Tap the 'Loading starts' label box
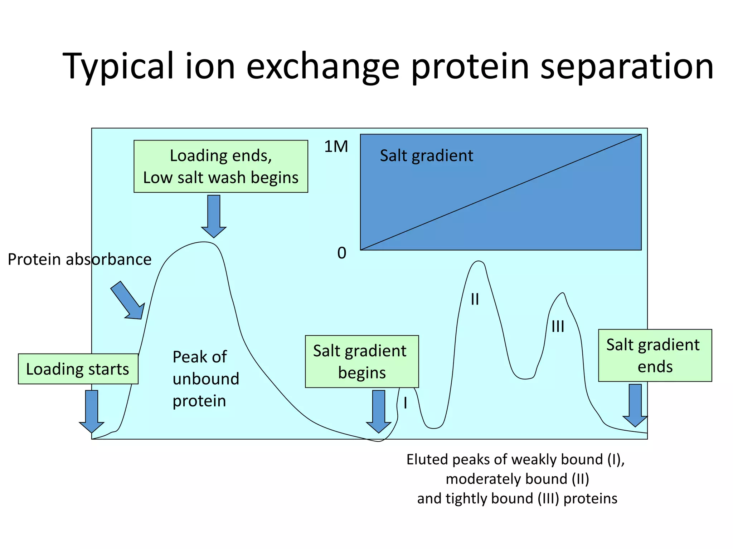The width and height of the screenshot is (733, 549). click(78, 369)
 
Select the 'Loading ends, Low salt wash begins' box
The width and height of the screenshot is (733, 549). click(220, 166)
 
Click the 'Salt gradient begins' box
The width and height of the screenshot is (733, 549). click(361, 361)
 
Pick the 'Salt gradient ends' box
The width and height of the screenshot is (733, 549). click(655, 355)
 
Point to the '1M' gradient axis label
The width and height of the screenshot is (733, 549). click(336, 147)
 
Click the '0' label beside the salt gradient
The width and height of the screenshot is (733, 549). click(342, 253)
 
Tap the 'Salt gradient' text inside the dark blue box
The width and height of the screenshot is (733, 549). click(426, 156)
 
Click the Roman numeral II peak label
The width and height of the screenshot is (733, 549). click(475, 299)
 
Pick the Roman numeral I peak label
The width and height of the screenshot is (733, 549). click(405, 403)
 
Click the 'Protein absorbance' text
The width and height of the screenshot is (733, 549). click(79, 259)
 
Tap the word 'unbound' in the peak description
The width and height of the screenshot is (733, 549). click(206, 379)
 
